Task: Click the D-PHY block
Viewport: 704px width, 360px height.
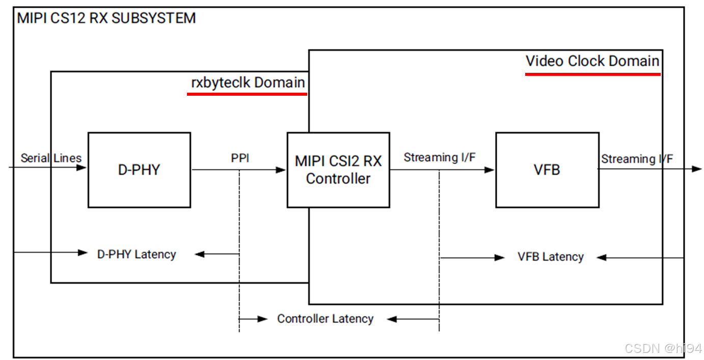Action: tap(139, 170)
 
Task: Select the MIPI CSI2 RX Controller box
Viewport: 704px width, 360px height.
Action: tap(338, 170)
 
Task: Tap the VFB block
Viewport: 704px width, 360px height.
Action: tap(548, 170)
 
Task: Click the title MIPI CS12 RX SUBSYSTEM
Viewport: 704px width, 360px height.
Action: tap(106, 18)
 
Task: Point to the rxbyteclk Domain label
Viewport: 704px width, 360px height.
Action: tap(248, 82)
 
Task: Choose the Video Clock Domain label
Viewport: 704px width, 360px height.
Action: tap(592, 61)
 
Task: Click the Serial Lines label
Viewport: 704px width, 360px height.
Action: tap(51, 158)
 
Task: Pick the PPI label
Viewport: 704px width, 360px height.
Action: tap(240, 158)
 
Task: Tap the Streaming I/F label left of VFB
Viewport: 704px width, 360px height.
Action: tap(440, 157)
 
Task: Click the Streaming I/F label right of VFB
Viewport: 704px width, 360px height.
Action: tap(637, 159)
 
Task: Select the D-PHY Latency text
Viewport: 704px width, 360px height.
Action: tap(137, 254)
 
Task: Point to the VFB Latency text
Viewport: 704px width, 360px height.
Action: tap(551, 257)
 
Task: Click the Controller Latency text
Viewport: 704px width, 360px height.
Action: tap(326, 319)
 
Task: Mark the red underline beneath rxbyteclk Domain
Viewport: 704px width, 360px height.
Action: tap(247, 94)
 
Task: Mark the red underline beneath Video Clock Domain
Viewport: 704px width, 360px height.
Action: tap(593, 74)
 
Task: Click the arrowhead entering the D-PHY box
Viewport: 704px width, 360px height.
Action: tap(82, 168)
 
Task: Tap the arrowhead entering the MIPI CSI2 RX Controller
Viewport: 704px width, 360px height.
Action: tap(281, 170)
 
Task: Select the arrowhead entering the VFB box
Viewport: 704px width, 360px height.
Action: tap(490, 170)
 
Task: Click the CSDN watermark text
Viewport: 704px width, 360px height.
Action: tap(663, 348)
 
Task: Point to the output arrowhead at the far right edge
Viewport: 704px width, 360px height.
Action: tap(697, 169)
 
